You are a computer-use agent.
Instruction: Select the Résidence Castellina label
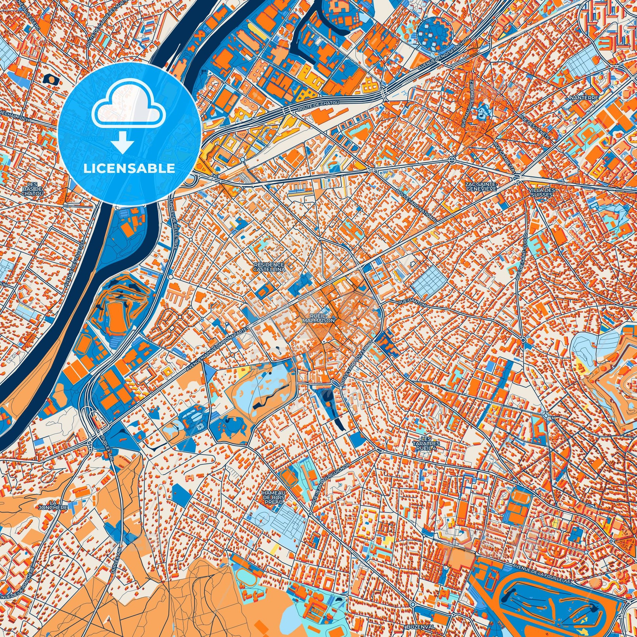tap(269, 266)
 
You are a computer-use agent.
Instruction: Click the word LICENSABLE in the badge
tap(129, 169)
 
